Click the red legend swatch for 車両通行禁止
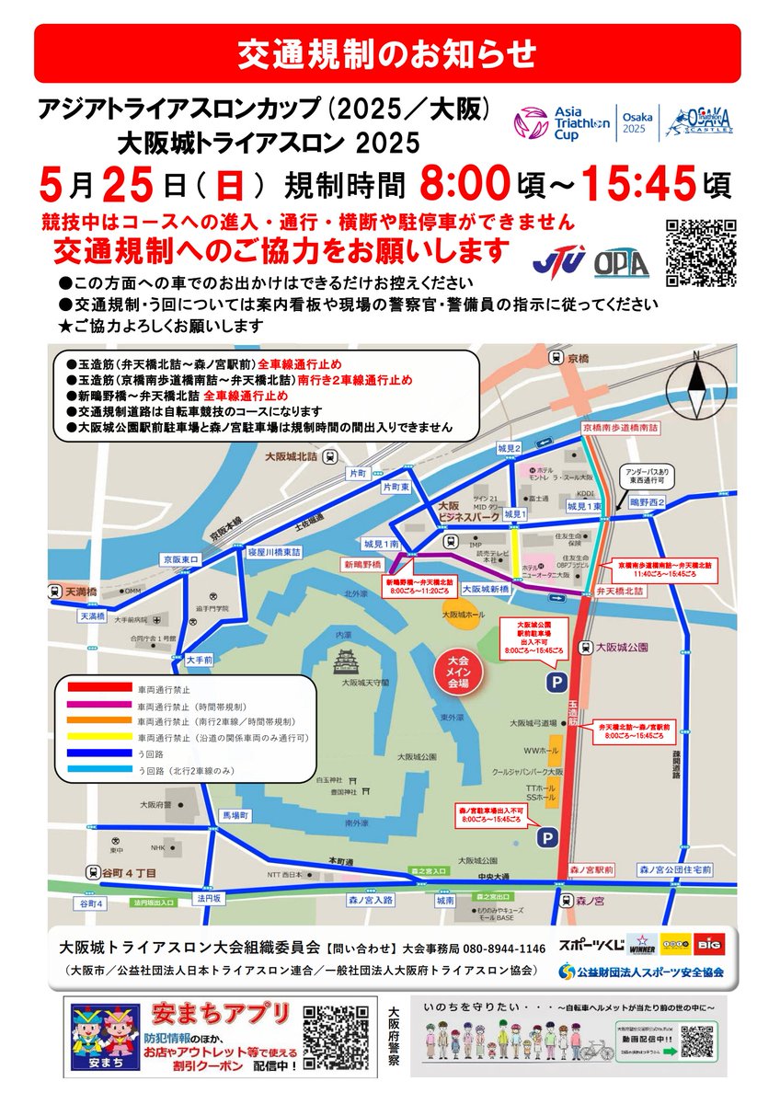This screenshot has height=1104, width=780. [98, 686]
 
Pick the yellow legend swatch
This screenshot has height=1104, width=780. [98, 738]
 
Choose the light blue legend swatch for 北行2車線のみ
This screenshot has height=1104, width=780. [98, 771]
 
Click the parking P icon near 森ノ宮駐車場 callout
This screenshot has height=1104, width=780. [547, 837]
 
